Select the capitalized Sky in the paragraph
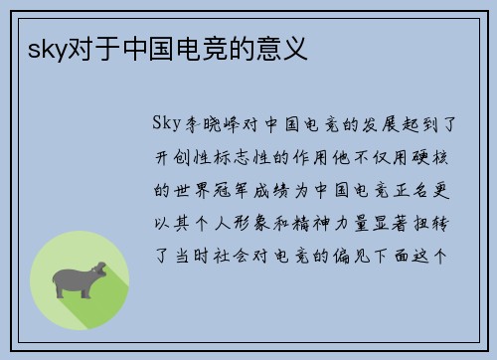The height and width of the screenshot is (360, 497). click(x=166, y=124)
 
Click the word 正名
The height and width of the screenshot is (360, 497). click(x=411, y=189)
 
